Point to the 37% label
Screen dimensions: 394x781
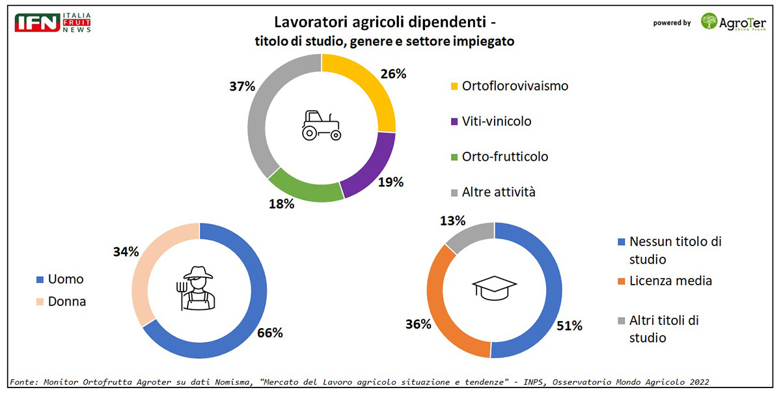[241, 86]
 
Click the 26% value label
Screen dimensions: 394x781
[393, 74]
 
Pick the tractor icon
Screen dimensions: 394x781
[321, 125]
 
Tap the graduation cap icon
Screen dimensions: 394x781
[494, 287]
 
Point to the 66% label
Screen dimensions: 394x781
[269, 333]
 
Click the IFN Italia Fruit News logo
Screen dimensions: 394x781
[53, 23]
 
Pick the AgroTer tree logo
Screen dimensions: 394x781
[709, 21]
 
